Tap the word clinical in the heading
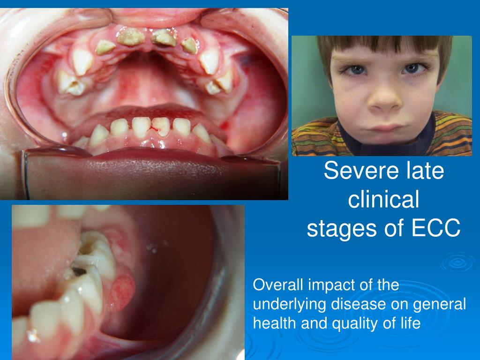coord(383,200)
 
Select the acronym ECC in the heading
coord(436,229)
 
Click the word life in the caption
coord(409,323)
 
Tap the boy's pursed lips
coord(383,127)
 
